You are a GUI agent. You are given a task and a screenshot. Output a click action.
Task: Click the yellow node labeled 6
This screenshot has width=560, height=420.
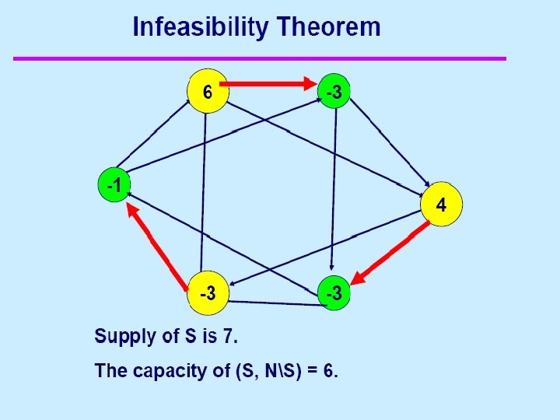pyautogui.click(x=208, y=92)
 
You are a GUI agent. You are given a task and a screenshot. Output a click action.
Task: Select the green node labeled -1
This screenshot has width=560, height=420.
pyautogui.click(x=114, y=187)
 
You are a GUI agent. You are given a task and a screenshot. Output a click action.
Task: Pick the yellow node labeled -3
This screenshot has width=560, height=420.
pyautogui.click(x=208, y=294)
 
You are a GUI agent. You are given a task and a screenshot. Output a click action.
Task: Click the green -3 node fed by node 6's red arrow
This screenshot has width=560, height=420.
pyautogui.click(x=334, y=92)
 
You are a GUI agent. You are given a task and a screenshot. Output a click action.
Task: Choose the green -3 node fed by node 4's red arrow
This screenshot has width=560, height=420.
pyautogui.click(x=334, y=293)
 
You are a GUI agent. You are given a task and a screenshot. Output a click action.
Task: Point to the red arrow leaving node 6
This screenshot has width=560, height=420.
pyautogui.click(x=268, y=82)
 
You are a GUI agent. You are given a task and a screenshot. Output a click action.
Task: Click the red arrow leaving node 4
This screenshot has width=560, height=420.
pyautogui.click(x=393, y=250)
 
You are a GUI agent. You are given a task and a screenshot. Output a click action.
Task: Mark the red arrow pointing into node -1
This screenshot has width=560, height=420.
pyautogui.click(x=159, y=243)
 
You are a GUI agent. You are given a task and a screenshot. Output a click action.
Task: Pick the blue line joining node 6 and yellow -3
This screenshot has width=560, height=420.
pyautogui.click(x=205, y=194)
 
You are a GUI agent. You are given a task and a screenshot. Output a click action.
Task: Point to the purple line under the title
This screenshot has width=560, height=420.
pyautogui.click(x=259, y=58)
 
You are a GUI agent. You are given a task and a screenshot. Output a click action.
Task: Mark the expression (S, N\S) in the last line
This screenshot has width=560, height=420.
pyautogui.click(x=259, y=370)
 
